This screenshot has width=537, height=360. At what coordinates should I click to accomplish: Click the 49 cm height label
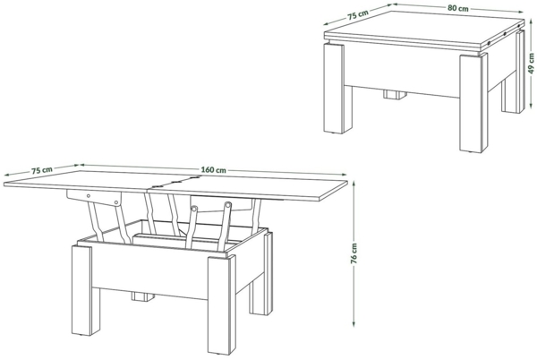click(529, 64)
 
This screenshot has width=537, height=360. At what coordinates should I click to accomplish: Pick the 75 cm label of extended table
click(41, 168)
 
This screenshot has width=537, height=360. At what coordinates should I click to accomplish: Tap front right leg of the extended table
click(219, 300)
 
